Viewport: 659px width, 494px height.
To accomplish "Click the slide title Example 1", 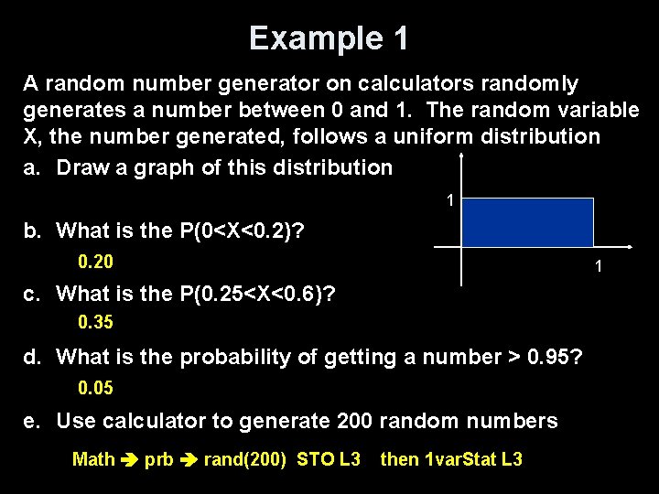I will coord(329,38).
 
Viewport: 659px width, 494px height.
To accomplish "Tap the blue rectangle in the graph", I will coord(526,222).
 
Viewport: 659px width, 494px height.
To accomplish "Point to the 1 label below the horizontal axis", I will coord(598,267).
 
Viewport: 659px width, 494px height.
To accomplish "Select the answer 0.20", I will coord(95,263).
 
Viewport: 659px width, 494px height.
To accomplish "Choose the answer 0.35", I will coord(95,323).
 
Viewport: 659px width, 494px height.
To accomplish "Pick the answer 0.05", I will coord(95,388).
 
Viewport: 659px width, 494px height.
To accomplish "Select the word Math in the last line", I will coord(93,459).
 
